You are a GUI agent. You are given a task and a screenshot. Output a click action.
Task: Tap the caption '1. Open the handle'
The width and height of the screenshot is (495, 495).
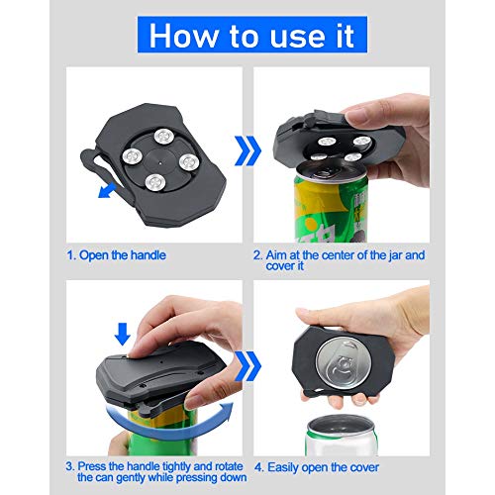[x=116, y=254]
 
